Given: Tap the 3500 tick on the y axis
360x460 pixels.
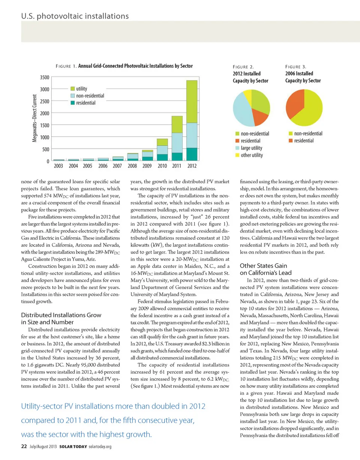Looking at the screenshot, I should [44, 78].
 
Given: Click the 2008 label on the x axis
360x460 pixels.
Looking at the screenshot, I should [132, 166].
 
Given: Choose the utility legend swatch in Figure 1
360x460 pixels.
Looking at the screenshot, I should [73, 89].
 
